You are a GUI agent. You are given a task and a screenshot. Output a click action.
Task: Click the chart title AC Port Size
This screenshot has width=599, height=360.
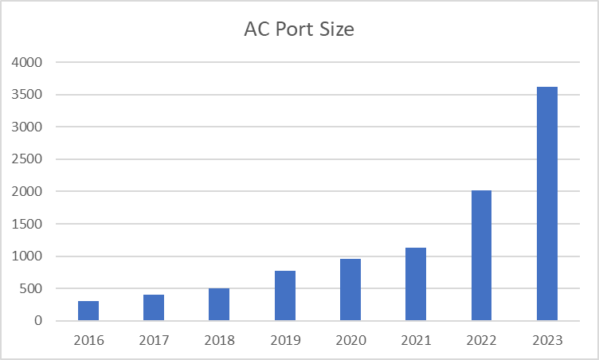point(299,30)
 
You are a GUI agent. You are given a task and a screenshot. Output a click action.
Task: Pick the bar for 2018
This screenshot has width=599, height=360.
point(219,304)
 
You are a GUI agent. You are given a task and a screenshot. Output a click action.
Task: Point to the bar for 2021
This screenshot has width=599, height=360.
point(416,284)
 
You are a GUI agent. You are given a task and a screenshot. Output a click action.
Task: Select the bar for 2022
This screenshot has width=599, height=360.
point(481,256)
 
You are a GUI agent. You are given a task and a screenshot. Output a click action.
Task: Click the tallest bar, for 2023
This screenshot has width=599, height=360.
point(546,204)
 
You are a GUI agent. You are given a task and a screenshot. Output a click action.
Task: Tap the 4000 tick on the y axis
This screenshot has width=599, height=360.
point(27,62)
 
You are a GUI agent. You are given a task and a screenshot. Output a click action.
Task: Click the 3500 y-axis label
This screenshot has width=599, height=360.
point(27,95)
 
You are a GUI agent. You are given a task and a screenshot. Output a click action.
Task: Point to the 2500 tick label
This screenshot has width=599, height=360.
point(27,159)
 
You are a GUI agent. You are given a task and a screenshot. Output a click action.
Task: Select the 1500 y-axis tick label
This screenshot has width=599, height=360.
point(27,224)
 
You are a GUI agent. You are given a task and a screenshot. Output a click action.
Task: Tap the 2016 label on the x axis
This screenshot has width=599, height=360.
point(88,340)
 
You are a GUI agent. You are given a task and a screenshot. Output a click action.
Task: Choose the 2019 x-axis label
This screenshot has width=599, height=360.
point(285,340)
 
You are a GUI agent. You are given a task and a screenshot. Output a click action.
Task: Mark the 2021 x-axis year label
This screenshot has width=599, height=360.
point(416,340)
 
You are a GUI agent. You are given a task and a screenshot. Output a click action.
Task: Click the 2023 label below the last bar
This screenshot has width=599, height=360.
point(546,340)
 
